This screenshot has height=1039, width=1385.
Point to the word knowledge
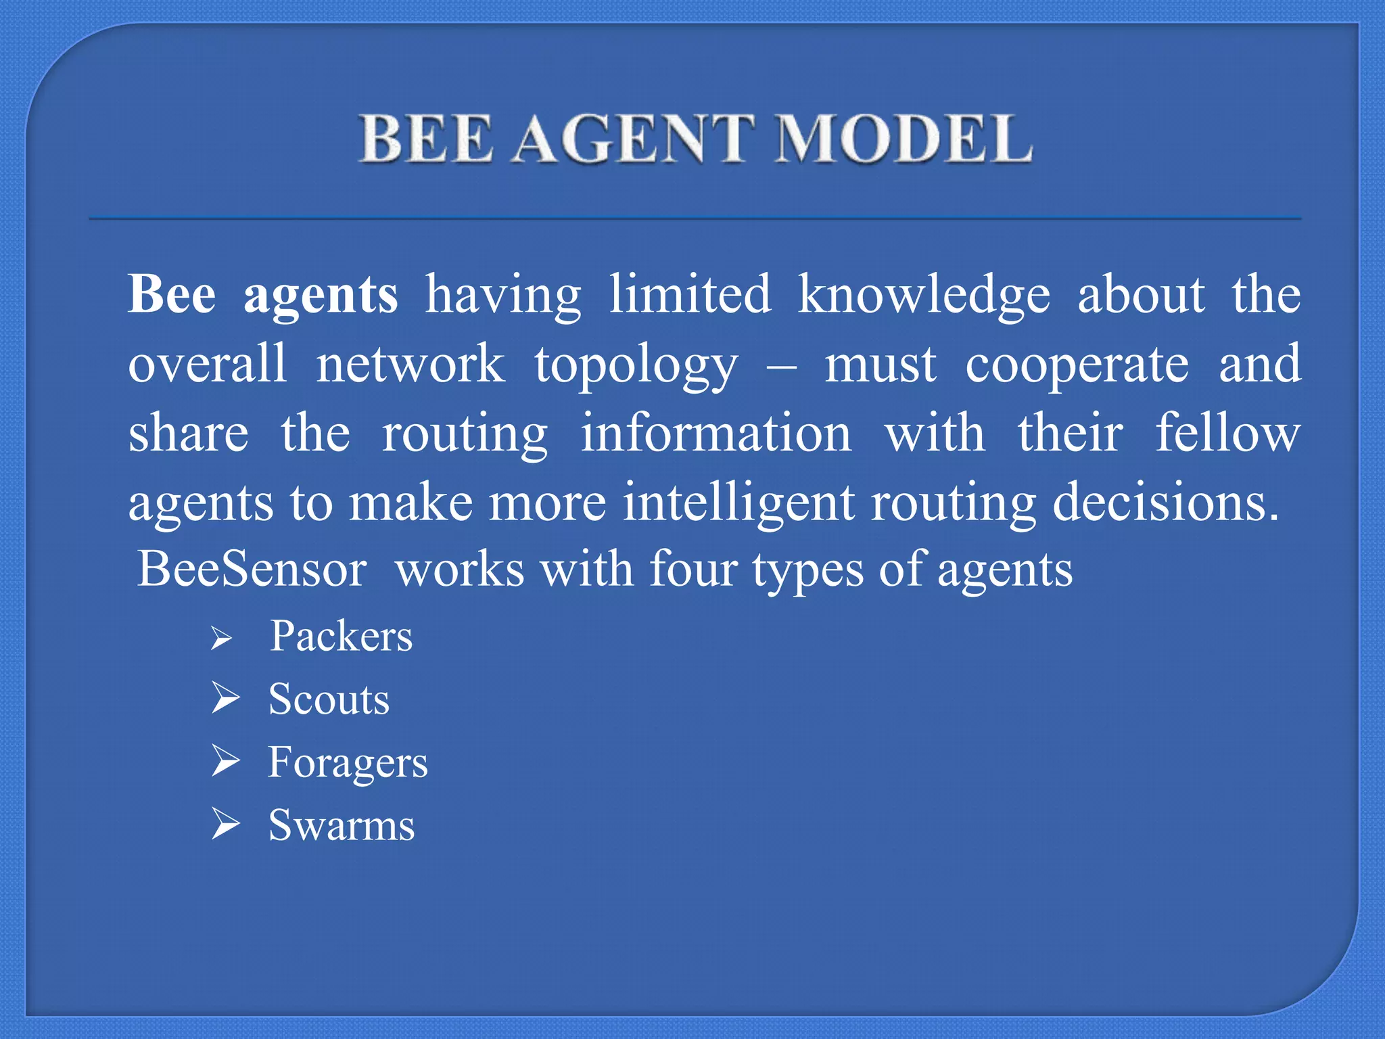924,296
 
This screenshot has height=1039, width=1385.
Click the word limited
690,295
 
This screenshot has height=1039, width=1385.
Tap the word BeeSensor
252,569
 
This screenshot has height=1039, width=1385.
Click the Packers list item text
341,637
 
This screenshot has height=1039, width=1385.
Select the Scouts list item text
329,699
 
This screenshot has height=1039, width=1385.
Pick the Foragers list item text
348,764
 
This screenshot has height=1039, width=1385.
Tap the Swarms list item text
342,826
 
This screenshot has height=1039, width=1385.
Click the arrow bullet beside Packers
221,639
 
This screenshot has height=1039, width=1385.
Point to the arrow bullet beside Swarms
225,824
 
